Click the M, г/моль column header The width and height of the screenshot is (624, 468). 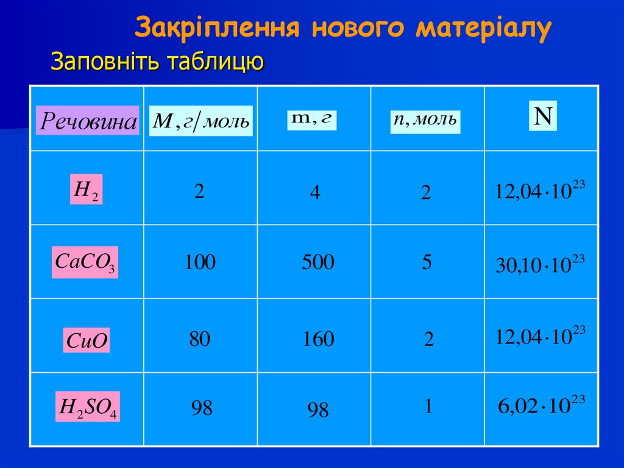(200, 121)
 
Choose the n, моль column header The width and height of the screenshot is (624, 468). (425, 120)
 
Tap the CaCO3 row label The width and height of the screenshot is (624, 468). (85, 263)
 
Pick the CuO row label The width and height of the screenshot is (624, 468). (87, 340)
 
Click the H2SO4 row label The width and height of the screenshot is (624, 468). (88, 408)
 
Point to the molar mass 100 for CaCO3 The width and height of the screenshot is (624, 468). (200, 262)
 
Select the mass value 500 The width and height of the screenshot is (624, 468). (318, 262)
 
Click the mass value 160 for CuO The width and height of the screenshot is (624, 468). (318, 339)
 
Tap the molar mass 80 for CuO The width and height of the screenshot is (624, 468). (199, 339)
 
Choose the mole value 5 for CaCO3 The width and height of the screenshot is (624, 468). (426, 262)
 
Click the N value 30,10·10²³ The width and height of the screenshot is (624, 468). (540, 266)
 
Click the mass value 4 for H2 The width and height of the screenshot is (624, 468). (314, 193)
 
